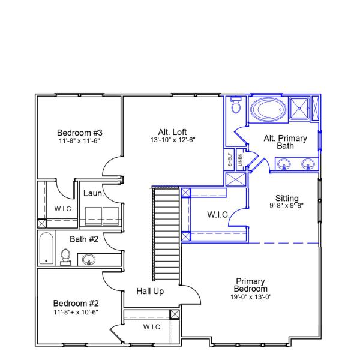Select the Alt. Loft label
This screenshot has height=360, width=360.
coord(173,132)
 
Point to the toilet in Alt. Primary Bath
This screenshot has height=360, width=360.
coord(236,107)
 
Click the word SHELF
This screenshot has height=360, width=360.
coord(230,160)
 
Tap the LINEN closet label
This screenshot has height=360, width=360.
coord(239,160)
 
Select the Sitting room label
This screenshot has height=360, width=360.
coord(286,197)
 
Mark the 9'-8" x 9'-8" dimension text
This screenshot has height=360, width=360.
coord(286,205)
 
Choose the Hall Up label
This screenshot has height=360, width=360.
coord(150,291)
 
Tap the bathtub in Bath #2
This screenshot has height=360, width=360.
coord(46,250)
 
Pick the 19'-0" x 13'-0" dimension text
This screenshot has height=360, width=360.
coord(251,296)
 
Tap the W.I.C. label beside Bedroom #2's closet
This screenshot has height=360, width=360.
coord(151,327)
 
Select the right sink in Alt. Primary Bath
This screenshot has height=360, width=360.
coord(308,163)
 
